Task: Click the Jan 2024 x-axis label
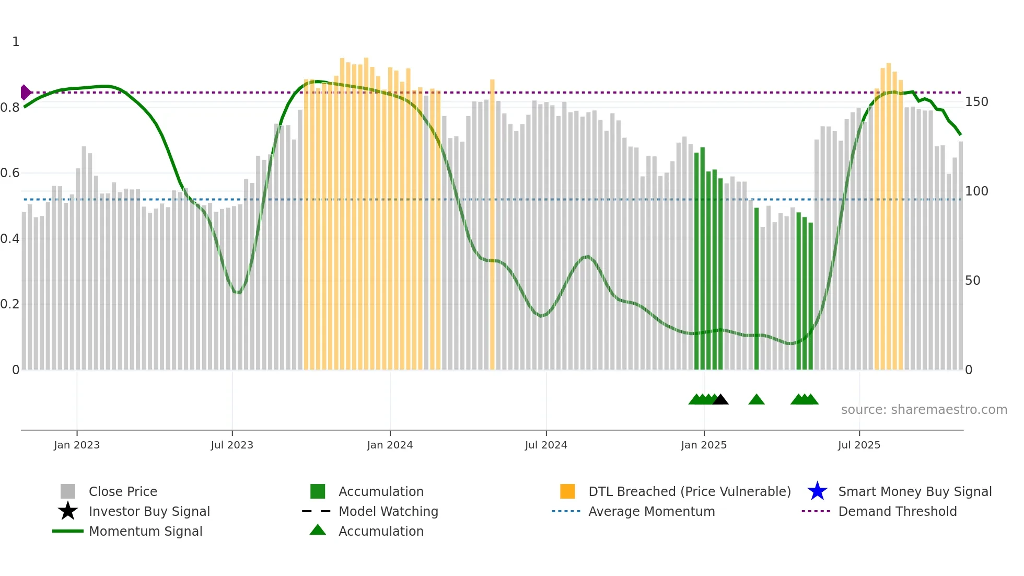390,445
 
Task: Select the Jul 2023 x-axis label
232,445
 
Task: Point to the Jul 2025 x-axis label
859,445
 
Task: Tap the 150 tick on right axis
976,102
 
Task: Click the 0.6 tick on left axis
10,173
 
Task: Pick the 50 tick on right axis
972,281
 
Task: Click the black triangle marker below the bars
720,400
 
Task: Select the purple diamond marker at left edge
25,93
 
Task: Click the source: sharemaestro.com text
924,410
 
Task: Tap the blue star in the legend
817,491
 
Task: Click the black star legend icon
68,511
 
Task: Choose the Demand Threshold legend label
897,511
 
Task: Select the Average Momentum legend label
651,511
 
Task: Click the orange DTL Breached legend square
567,491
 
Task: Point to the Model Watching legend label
388,511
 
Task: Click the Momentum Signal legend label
145,531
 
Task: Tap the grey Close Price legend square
68,491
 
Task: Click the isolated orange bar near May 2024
492,225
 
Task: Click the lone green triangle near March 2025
757,400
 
